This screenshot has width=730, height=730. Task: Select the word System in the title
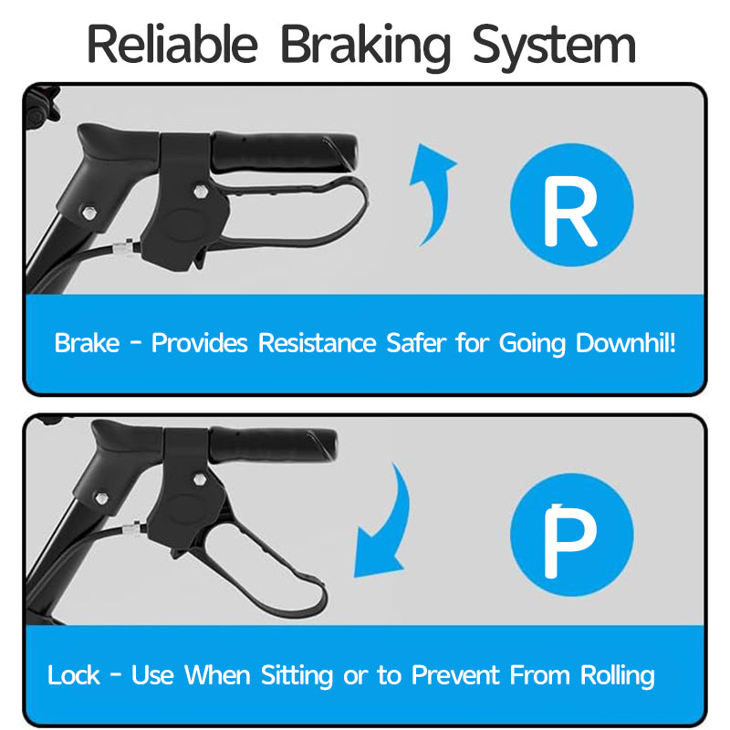(554, 44)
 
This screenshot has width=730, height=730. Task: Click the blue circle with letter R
(571, 212)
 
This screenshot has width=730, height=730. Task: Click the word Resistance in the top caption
(317, 344)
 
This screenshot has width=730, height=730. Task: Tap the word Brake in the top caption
(87, 344)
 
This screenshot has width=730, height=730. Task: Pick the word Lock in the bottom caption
(73, 676)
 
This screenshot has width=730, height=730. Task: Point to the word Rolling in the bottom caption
(618, 676)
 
